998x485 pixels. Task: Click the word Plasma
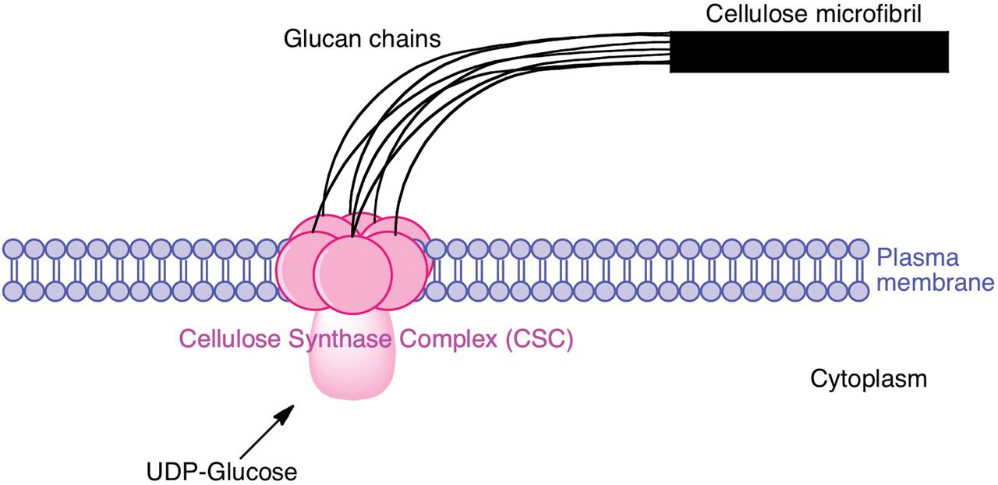click(916, 258)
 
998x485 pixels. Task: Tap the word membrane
click(936, 281)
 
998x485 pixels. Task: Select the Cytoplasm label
click(869, 380)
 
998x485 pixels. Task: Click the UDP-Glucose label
click(222, 471)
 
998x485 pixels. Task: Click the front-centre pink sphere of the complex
click(352, 269)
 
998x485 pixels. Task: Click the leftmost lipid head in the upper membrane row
click(13, 250)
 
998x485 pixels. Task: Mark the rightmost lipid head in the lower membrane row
click(858, 291)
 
